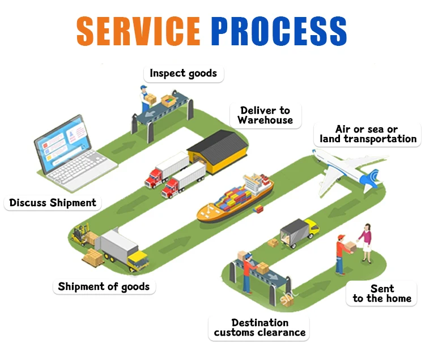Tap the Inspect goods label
tap(183, 74)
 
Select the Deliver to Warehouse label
tap(265, 115)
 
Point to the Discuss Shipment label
tap(53, 203)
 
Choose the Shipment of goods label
tap(104, 286)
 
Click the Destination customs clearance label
tap(260, 327)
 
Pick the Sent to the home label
tap(382, 293)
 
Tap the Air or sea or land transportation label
tap(368, 134)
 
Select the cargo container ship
tap(236, 201)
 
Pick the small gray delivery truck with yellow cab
tap(299, 232)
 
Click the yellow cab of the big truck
tap(138, 261)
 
